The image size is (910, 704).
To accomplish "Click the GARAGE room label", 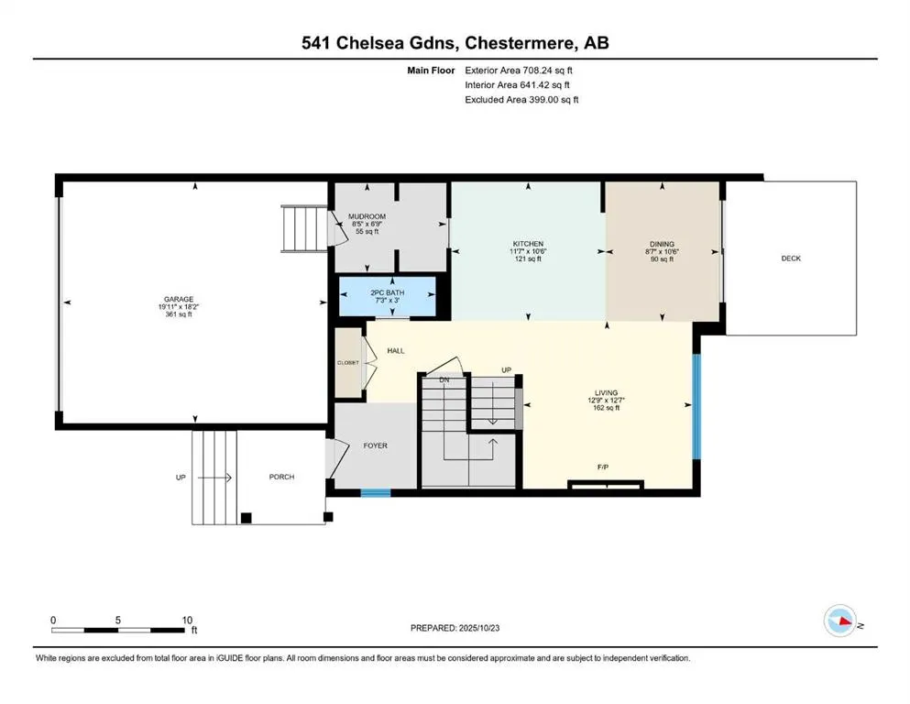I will point(179,299).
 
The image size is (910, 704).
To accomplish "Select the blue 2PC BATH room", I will point(387,297).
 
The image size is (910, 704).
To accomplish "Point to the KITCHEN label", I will point(528,244).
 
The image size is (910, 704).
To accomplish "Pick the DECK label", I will point(790,258).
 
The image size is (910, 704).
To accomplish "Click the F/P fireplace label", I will point(604,467).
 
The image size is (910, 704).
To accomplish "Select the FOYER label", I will point(376,445).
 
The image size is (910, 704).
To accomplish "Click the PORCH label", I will point(281,477).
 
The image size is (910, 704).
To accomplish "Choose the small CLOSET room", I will point(348,363).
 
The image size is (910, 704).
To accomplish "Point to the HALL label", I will point(396,351).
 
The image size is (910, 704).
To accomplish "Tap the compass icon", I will point(840,621).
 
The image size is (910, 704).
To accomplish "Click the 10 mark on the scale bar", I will point(187,620).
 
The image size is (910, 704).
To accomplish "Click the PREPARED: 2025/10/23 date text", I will point(455,628).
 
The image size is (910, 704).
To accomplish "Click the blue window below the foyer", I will point(375,493).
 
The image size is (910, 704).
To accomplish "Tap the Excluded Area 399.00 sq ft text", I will point(521,100).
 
